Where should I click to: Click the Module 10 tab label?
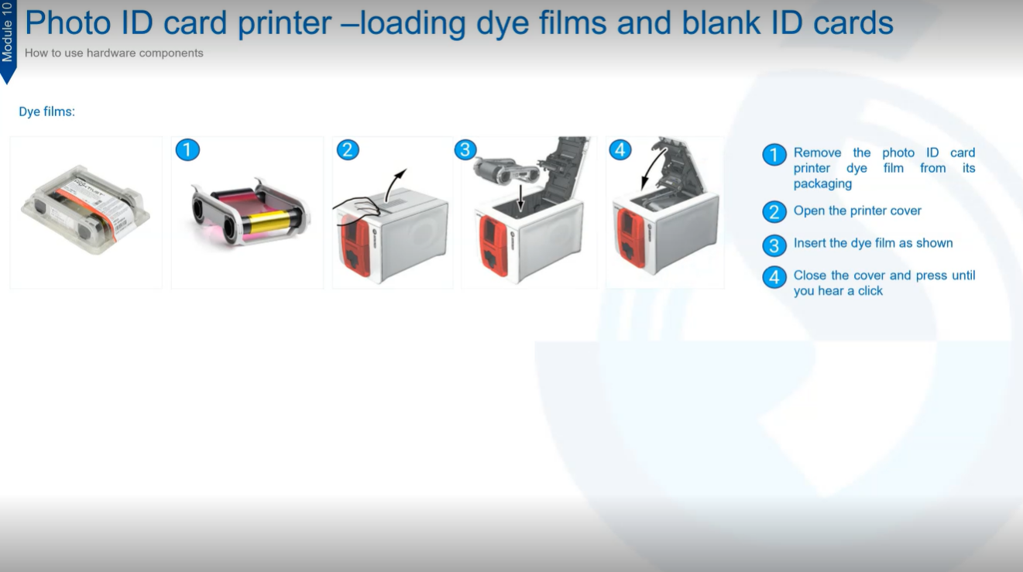pos(7,32)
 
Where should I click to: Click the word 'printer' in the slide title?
pos(284,22)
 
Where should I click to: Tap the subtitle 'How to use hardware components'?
pos(114,53)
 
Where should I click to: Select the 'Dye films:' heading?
pos(46,111)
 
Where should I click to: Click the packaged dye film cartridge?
pos(85,209)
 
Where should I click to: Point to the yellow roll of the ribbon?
pos(269,222)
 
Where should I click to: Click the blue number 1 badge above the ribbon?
pos(187,149)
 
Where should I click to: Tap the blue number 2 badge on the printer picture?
pos(348,149)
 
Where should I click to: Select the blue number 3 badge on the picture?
pos(465,149)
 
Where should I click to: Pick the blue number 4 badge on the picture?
pos(620,149)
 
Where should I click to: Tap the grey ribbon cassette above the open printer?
pos(507,170)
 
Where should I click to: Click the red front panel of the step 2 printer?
pos(354,245)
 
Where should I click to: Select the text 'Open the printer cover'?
pos(857,211)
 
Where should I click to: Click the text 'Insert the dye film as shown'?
pos(874,243)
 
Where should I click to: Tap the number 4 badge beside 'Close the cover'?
pos(774,277)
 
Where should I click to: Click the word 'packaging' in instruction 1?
pos(822,184)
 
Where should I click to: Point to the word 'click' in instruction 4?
pos(870,291)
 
